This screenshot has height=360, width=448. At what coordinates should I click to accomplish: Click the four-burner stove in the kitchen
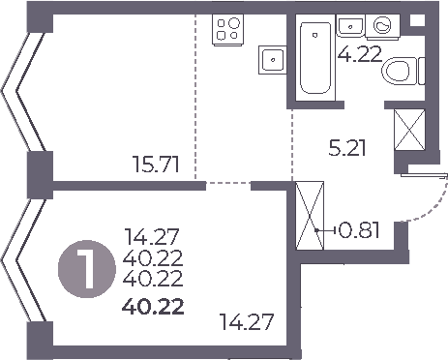[228, 29]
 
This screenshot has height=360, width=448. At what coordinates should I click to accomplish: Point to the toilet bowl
[399, 70]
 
